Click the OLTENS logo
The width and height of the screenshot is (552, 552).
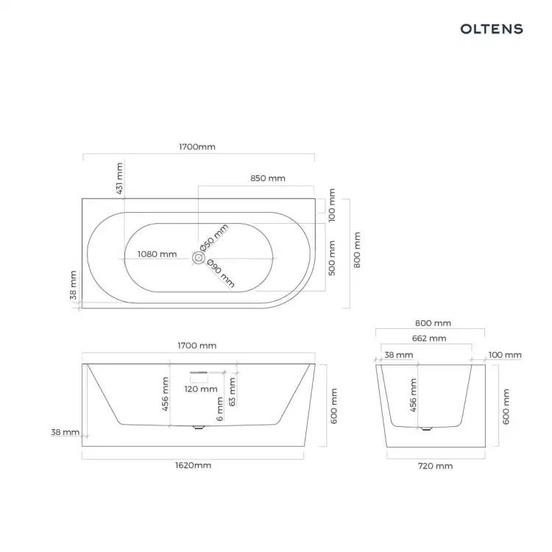click(492, 29)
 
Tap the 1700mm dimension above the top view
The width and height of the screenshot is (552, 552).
click(197, 146)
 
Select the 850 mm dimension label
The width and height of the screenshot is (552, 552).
click(268, 178)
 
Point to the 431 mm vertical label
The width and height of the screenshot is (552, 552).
click(119, 178)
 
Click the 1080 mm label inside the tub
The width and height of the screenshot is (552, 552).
click(157, 254)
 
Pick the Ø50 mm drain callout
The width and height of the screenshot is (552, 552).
click(214, 238)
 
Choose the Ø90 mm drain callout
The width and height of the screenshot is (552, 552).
click(221, 273)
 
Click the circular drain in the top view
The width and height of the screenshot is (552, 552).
click(199, 258)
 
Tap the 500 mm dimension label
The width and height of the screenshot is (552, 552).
click(332, 258)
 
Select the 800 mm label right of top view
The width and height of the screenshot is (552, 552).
click(357, 250)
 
